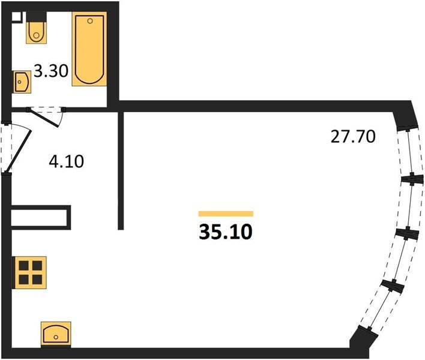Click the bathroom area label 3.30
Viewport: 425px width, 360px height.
pyautogui.click(x=51, y=72)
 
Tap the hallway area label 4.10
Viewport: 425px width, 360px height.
pyautogui.click(x=67, y=161)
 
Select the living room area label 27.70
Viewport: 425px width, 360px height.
pyautogui.click(x=353, y=136)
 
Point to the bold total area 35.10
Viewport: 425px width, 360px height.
pyautogui.click(x=226, y=232)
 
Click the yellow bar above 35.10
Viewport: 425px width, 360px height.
pyautogui.click(x=226, y=214)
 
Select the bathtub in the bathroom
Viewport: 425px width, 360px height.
pyautogui.click(x=89, y=49)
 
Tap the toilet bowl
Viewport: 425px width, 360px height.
pyautogui.click(x=37, y=32)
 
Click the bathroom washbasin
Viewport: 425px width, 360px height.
pyautogui.click(x=22, y=81)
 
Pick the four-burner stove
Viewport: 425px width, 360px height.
pyautogui.click(x=31, y=272)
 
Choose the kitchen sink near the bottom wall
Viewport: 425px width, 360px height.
pyautogui.click(x=56, y=334)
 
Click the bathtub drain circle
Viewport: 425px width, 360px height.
pyautogui.click(x=90, y=21)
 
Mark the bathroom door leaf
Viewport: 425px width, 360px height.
pyautogui.click(x=44, y=118)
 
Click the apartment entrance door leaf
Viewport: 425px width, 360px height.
pyautogui.click(x=19, y=151)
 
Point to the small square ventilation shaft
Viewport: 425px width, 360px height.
pyautogui.click(x=17, y=17)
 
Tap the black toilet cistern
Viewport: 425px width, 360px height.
pyautogui.click(x=37, y=17)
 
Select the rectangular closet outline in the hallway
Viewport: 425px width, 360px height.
pyautogui.click(x=41, y=218)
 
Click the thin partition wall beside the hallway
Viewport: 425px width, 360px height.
pyautogui.click(x=121, y=170)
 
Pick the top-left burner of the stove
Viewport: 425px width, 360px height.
pyautogui.click(x=24, y=265)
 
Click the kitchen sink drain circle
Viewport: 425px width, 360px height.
pyautogui.click(x=56, y=337)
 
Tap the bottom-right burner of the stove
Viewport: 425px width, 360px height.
pyautogui.click(x=37, y=279)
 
